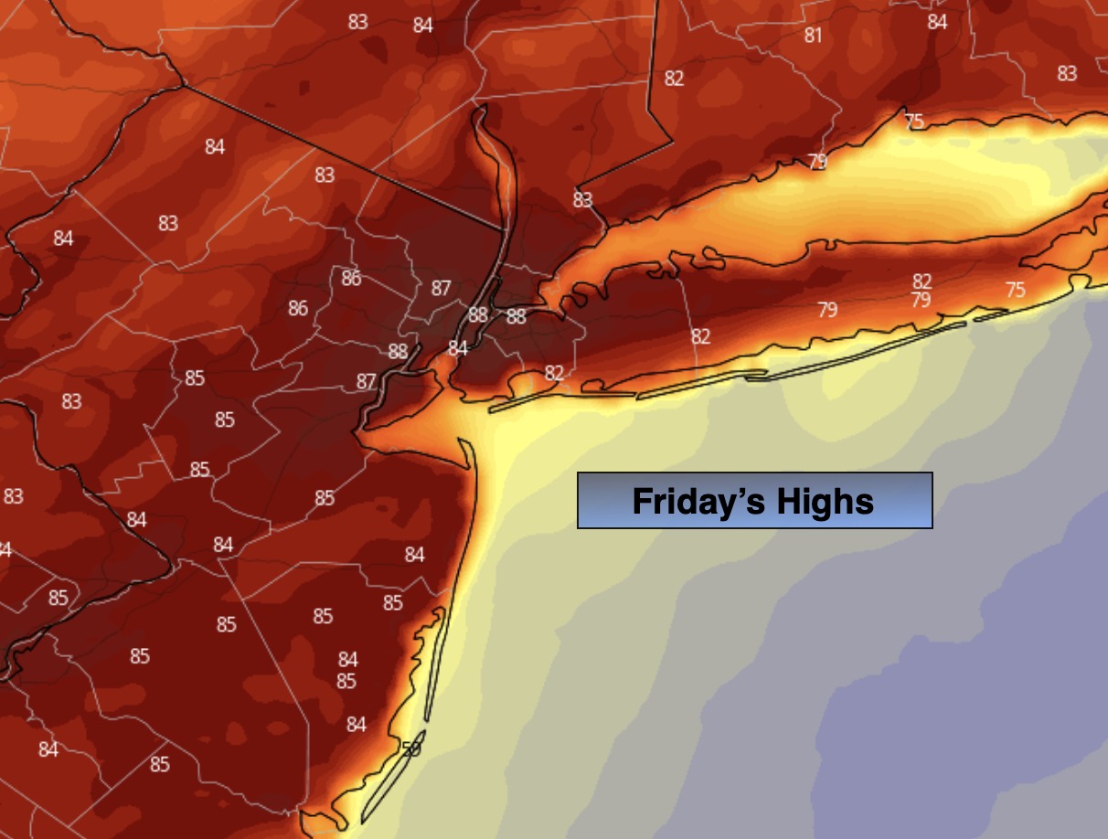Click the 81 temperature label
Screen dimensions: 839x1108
pyautogui.click(x=813, y=36)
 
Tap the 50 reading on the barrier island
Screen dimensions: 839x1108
pyautogui.click(x=411, y=749)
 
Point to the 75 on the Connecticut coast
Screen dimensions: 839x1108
pyautogui.click(x=913, y=122)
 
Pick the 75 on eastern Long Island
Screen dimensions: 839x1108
pyautogui.click(x=1015, y=290)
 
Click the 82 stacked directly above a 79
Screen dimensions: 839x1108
pyautogui.click(x=922, y=281)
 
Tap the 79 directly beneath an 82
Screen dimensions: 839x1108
pyautogui.click(x=921, y=299)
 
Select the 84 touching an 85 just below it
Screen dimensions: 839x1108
pyautogui.click(x=347, y=660)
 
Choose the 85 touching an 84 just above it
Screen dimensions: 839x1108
pyautogui.click(x=346, y=681)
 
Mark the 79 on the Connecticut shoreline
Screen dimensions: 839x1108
pyautogui.click(x=817, y=162)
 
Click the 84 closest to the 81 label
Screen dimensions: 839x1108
pyautogui.click(x=937, y=22)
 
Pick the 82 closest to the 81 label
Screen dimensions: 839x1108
pyautogui.click(x=674, y=79)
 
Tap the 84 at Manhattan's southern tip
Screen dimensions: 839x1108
pyautogui.click(x=457, y=348)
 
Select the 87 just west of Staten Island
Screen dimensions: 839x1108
pyautogui.click(x=366, y=381)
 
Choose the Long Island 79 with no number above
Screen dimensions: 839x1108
pyautogui.click(x=826, y=310)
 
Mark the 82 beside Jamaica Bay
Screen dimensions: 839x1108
pyautogui.click(x=554, y=373)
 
